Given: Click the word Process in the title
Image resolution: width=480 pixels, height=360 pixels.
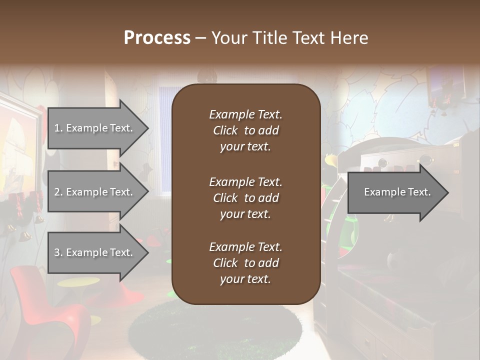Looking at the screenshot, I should pyautogui.click(x=157, y=38).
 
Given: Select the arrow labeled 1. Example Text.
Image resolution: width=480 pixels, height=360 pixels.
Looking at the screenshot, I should pyautogui.click(x=95, y=128).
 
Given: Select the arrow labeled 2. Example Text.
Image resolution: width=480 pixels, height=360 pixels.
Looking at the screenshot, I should pyautogui.click(x=95, y=192).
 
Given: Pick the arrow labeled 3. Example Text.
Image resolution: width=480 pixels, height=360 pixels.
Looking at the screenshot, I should pyautogui.click(x=95, y=252).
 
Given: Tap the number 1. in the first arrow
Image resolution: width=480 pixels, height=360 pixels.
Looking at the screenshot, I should pyautogui.click(x=58, y=128).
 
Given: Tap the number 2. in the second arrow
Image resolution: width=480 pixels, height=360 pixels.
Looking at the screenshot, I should pyautogui.click(x=58, y=192).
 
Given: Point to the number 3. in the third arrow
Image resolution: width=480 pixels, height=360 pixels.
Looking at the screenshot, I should pyautogui.click(x=58, y=252).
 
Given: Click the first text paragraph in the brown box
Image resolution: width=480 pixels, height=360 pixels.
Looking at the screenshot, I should pyautogui.click(x=245, y=130).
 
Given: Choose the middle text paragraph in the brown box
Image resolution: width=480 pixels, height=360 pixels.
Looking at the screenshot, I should pyautogui.click(x=245, y=198).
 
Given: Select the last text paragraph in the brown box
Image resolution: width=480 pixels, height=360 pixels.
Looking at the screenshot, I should pyautogui.click(x=245, y=263).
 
